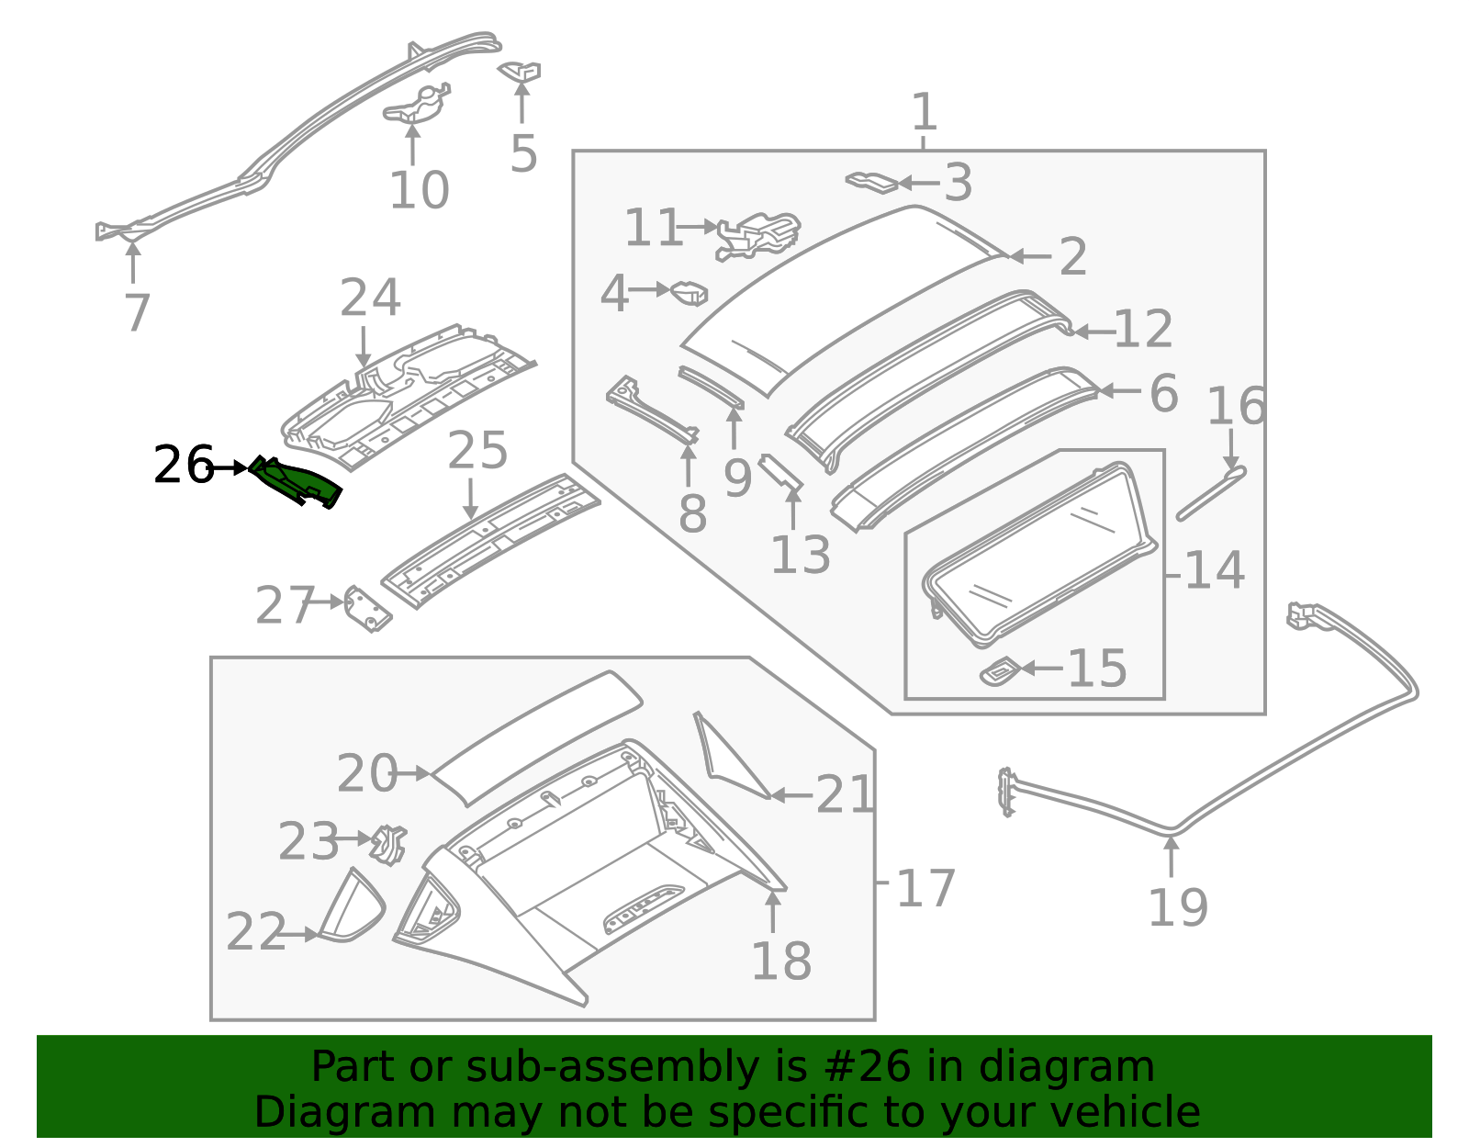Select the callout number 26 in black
coord(183,466)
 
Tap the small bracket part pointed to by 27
coord(367,610)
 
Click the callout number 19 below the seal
coord(1177,907)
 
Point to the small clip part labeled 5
coord(521,71)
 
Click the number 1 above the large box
coord(924,112)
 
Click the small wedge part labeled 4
coord(690,293)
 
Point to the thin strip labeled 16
coord(1210,494)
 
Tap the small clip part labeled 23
coord(389,844)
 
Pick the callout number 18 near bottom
coord(780,961)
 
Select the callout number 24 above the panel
coord(370,298)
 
